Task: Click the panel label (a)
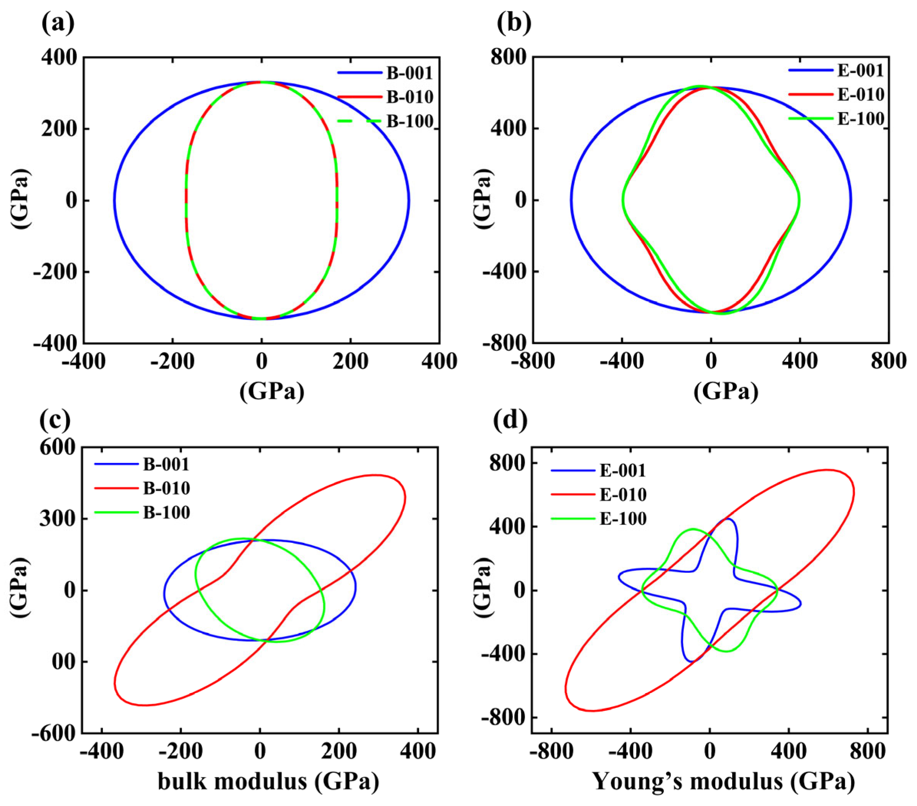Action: coord(58,23)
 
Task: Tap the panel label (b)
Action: coord(514,23)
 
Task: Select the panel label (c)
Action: coord(55,420)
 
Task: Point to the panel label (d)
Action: coord(510,420)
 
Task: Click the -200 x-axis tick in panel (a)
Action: coord(172,361)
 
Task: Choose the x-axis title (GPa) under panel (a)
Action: coord(272,391)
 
